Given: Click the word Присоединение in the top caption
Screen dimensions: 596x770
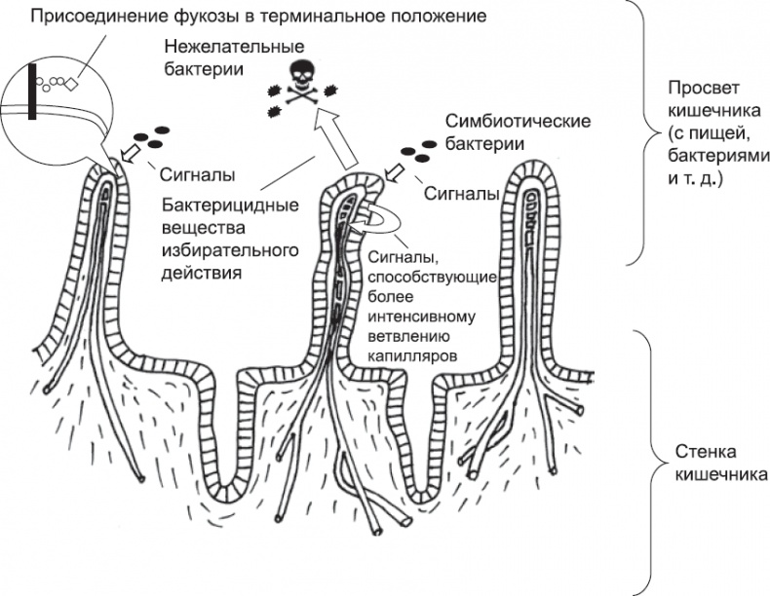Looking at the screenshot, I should (x=84, y=18).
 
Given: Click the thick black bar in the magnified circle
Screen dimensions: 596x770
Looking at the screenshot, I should (x=33, y=92).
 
